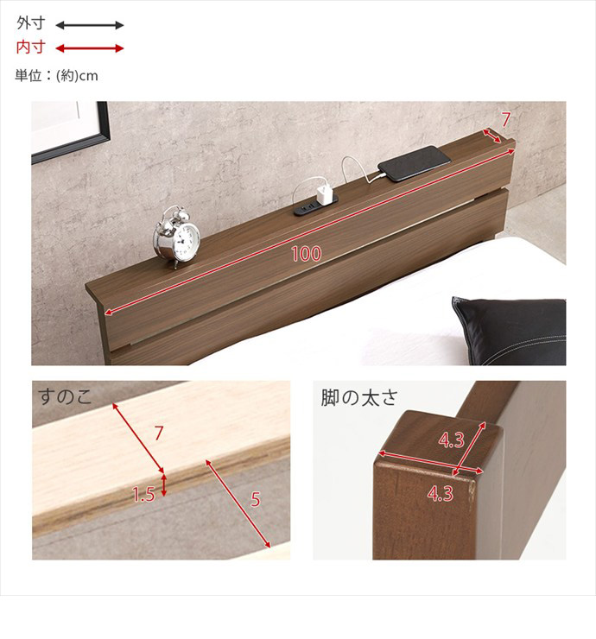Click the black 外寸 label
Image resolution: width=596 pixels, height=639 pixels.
[30, 23]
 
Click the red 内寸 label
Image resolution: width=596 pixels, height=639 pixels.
[30, 47]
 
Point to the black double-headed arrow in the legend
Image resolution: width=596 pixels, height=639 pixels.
[89, 25]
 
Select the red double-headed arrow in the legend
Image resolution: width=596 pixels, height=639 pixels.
[89, 48]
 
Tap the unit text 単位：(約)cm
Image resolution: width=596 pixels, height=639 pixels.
[57, 76]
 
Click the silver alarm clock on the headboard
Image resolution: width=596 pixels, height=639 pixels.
[176, 237]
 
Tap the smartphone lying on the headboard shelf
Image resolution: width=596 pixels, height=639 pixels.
[415, 163]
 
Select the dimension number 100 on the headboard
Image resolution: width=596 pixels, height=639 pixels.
[307, 254]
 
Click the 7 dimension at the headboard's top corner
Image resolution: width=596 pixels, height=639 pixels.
[505, 120]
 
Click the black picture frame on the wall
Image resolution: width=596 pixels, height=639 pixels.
[71, 131]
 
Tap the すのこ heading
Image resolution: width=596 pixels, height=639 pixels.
[65, 397]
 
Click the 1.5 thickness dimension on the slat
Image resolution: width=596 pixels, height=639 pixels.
[143, 494]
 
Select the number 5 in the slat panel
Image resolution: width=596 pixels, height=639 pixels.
[255, 499]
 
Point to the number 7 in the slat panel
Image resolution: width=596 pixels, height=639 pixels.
[159, 433]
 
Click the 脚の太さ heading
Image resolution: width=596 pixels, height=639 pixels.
[358, 397]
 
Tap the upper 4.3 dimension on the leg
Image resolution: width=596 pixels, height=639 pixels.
[451, 440]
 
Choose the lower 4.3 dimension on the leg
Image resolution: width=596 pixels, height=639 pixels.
[441, 494]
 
